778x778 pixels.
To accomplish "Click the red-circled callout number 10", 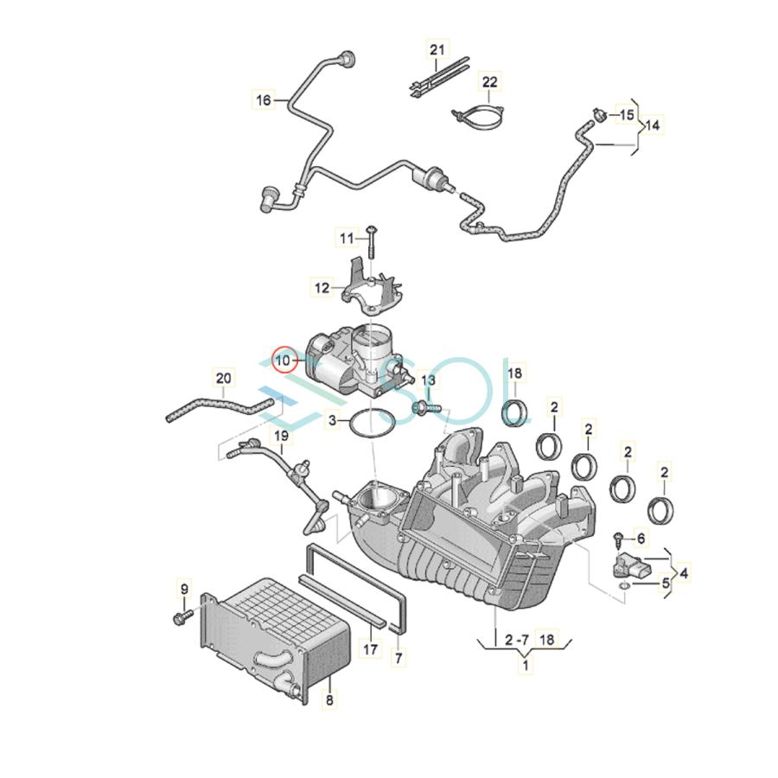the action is click(x=283, y=360).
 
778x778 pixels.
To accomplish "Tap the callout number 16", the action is click(x=264, y=100).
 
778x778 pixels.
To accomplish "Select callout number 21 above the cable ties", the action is click(x=437, y=50).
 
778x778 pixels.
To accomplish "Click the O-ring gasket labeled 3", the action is click(x=372, y=423).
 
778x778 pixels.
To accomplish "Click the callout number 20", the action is click(x=223, y=379).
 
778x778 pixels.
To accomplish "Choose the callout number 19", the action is click(x=281, y=437).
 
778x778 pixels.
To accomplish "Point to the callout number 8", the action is click(x=329, y=700).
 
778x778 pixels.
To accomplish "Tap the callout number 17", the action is click(x=371, y=649).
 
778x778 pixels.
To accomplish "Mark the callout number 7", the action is click(x=399, y=659).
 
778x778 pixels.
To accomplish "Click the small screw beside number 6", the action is click(x=619, y=538).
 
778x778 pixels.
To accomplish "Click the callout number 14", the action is click(x=653, y=125).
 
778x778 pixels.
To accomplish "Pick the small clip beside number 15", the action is click(x=600, y=115).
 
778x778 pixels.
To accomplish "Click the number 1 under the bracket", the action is click(x=526, y=665).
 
